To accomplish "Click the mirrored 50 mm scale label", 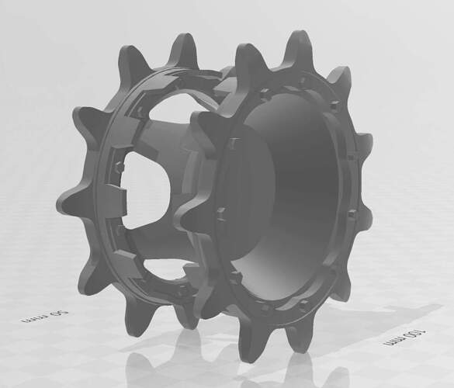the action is tap(44, 317).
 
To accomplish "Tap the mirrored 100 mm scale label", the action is tap(405, 337).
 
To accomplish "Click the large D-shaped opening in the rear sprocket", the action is tap(146, 189).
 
